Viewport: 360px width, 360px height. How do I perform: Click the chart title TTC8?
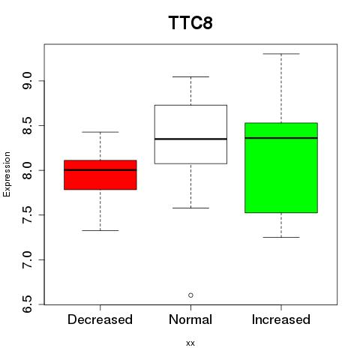190,22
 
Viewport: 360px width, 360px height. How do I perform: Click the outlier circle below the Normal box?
190,295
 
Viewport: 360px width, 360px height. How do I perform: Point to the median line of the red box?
100,169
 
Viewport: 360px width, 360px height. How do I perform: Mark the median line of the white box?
190,139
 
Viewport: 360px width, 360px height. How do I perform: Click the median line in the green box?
281,138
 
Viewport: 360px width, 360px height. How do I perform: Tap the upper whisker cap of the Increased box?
281,54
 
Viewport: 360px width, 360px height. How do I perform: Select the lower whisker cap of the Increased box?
281,237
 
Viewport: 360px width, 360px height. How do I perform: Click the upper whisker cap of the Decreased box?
100,132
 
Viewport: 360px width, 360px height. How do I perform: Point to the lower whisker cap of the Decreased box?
100,230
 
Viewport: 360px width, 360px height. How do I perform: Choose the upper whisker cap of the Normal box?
190,76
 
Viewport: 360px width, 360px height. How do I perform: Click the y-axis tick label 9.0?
27,80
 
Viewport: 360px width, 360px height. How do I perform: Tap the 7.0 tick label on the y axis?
27,259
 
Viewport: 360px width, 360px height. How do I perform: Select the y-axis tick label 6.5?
27,304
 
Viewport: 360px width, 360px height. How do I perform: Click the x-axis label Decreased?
100,319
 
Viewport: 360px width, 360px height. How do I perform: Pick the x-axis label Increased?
281,319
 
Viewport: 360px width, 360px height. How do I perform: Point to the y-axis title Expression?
7,174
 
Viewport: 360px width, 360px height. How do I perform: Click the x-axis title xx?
190,343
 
